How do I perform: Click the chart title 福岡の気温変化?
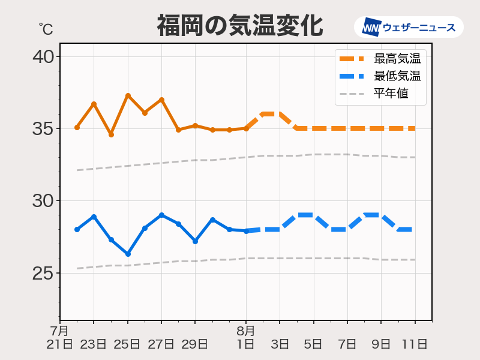point(240,26)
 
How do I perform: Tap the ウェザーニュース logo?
point(409,27)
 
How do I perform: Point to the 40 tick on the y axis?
point(43,57)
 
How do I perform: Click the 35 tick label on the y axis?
point(43,128)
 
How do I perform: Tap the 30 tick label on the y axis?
point(43,200)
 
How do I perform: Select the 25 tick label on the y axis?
point(43,273)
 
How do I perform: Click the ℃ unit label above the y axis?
point(46,28)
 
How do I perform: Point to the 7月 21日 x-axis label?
point(60,337)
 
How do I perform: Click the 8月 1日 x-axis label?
point(246,337)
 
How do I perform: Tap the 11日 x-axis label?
point(415,344)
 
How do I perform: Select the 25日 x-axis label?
point(128,344)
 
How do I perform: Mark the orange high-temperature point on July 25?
point(128,95)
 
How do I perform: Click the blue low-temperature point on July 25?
point(128,254)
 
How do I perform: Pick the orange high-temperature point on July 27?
point(161,100)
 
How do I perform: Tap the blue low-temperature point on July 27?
point(161,215)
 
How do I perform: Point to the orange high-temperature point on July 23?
point(94,104)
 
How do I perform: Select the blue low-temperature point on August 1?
point(246,231)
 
